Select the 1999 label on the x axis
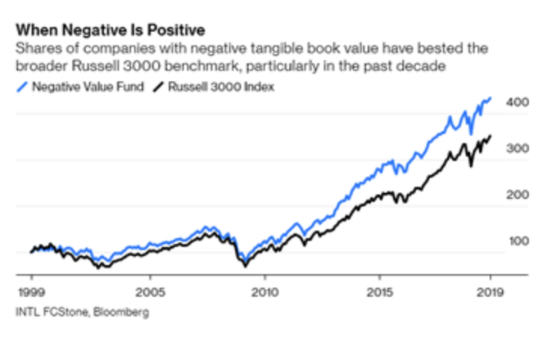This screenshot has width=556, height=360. point(30,291)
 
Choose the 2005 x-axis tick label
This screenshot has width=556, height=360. point(147,291)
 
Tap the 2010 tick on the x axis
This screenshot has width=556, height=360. point(264,291)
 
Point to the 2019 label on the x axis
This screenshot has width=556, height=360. point(489,291)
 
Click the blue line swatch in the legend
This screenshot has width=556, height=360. point(22,87)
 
